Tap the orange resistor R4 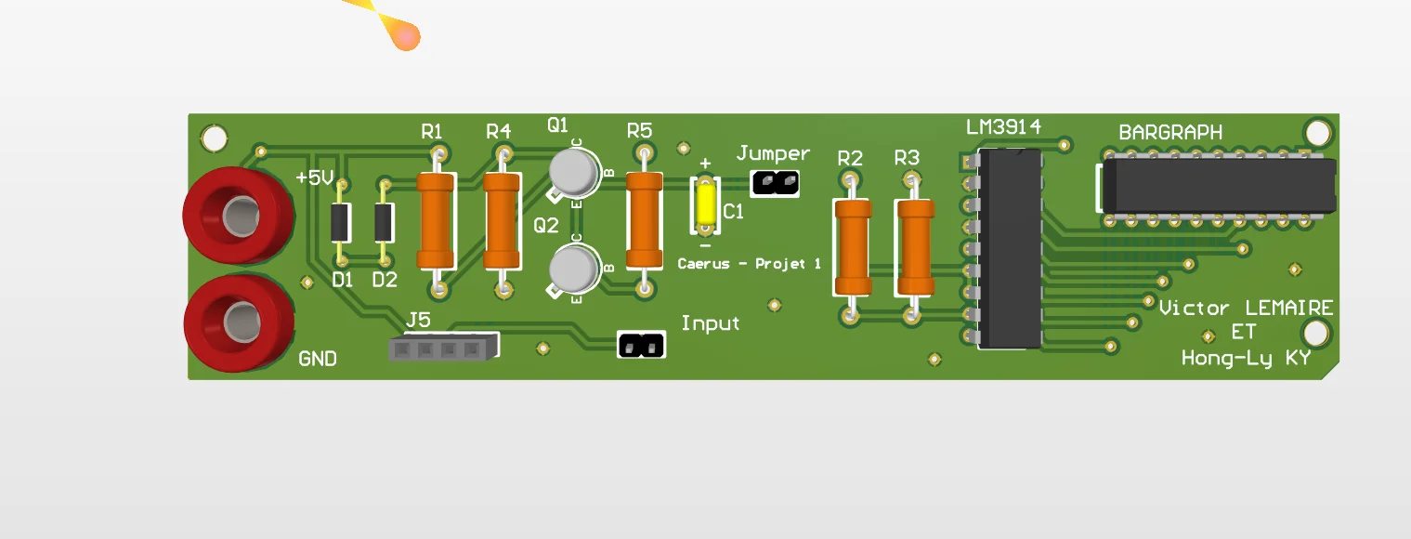point(501,222)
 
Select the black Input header point(642,346)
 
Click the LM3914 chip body point(1010,249)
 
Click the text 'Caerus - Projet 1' point(749,264)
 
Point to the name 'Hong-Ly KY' point(1246,358)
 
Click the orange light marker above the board point(405,36)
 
